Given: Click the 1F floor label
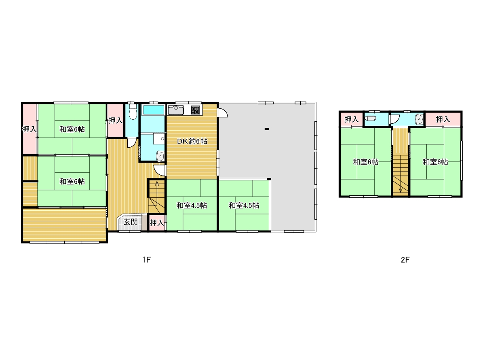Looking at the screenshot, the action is click(146, 260).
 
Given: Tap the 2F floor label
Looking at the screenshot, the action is click(405, 260).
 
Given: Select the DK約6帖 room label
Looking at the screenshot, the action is click(192, 141).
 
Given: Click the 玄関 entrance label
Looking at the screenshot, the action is click(131, 222).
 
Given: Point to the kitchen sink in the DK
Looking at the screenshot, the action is click(176, 110).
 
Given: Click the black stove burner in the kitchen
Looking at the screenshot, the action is click(195, 110).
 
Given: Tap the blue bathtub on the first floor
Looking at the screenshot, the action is click(153, 110).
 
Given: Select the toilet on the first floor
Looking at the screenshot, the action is click(133, 112).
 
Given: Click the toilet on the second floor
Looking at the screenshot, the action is click(370, 119).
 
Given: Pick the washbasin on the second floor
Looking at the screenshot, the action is click(419, 119).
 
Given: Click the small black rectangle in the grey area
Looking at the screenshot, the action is click(267, 129).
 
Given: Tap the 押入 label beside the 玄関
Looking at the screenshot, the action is click(157, 223).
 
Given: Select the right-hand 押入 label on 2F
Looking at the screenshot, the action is click(443, 120).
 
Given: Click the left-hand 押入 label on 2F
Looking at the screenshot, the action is click(351, 120).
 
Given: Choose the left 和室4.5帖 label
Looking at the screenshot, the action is click(192, 205).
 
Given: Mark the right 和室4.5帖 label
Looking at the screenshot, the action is click(244, 205).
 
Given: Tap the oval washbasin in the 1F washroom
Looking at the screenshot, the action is click(160, 156).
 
